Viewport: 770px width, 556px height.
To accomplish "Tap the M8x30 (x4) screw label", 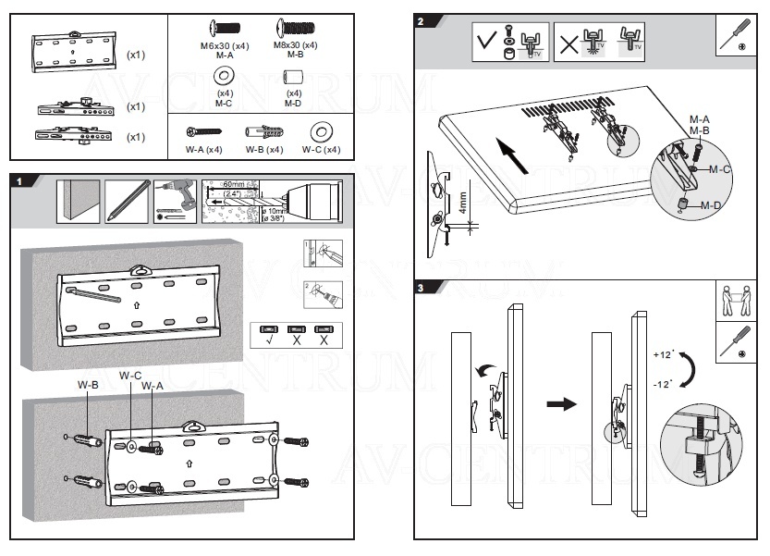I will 297,44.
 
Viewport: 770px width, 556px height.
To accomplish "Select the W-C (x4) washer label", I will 321,149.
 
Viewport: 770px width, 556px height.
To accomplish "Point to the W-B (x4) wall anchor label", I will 263,149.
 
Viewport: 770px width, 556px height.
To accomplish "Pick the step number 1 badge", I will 18,181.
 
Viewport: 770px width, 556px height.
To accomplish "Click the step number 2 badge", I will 422,21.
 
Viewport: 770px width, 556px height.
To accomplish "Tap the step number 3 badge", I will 422,289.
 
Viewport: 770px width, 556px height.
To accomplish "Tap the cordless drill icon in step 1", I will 176,199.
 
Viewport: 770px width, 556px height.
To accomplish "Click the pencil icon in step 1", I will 127,200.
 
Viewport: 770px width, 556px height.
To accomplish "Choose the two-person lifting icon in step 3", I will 737,300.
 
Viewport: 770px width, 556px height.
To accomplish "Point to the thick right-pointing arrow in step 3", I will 561,404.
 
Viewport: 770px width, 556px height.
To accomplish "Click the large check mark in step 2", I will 486,43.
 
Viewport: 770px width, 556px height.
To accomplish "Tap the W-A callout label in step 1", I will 152,385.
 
